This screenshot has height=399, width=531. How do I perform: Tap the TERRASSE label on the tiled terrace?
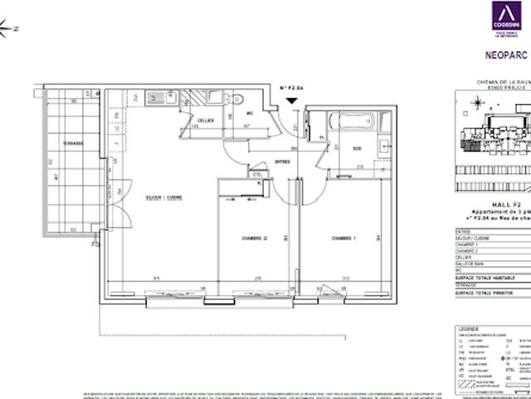72,143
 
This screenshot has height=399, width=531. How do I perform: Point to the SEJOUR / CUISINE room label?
163,197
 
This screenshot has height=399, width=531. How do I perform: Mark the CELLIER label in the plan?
206,120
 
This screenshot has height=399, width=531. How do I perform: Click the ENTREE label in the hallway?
283,162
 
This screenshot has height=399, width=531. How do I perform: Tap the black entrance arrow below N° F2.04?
291,101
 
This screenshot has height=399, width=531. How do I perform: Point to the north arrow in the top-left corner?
7,31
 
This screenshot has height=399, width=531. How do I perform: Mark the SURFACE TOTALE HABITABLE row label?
484,276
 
